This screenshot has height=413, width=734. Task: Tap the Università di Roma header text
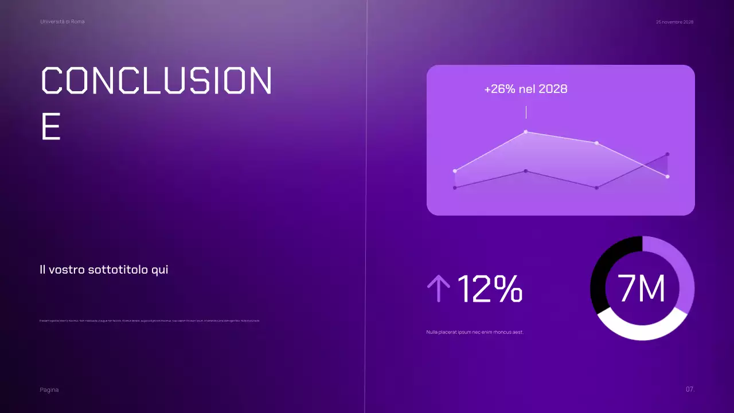[63, 21]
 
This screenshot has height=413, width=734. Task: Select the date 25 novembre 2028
[674, 22]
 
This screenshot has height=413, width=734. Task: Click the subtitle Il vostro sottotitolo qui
[104, 270]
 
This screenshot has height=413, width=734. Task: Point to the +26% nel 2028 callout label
[526, 89]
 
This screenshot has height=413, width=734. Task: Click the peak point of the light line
[526, 132]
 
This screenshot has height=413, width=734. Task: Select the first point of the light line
[455, 171]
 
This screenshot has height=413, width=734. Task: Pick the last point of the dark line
[667, 154]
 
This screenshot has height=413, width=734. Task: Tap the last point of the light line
[667, 177]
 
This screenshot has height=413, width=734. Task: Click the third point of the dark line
[597, 188]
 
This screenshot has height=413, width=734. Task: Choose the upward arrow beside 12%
[439, 288]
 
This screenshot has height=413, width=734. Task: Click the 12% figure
[490, 289]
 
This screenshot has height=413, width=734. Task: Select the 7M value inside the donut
[642, 289]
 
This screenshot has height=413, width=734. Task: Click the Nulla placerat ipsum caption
[475, 332]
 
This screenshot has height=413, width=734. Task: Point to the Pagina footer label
[49, 390]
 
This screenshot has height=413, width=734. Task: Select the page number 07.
[690, 389]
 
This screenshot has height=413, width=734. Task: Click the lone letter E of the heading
[51, 127]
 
